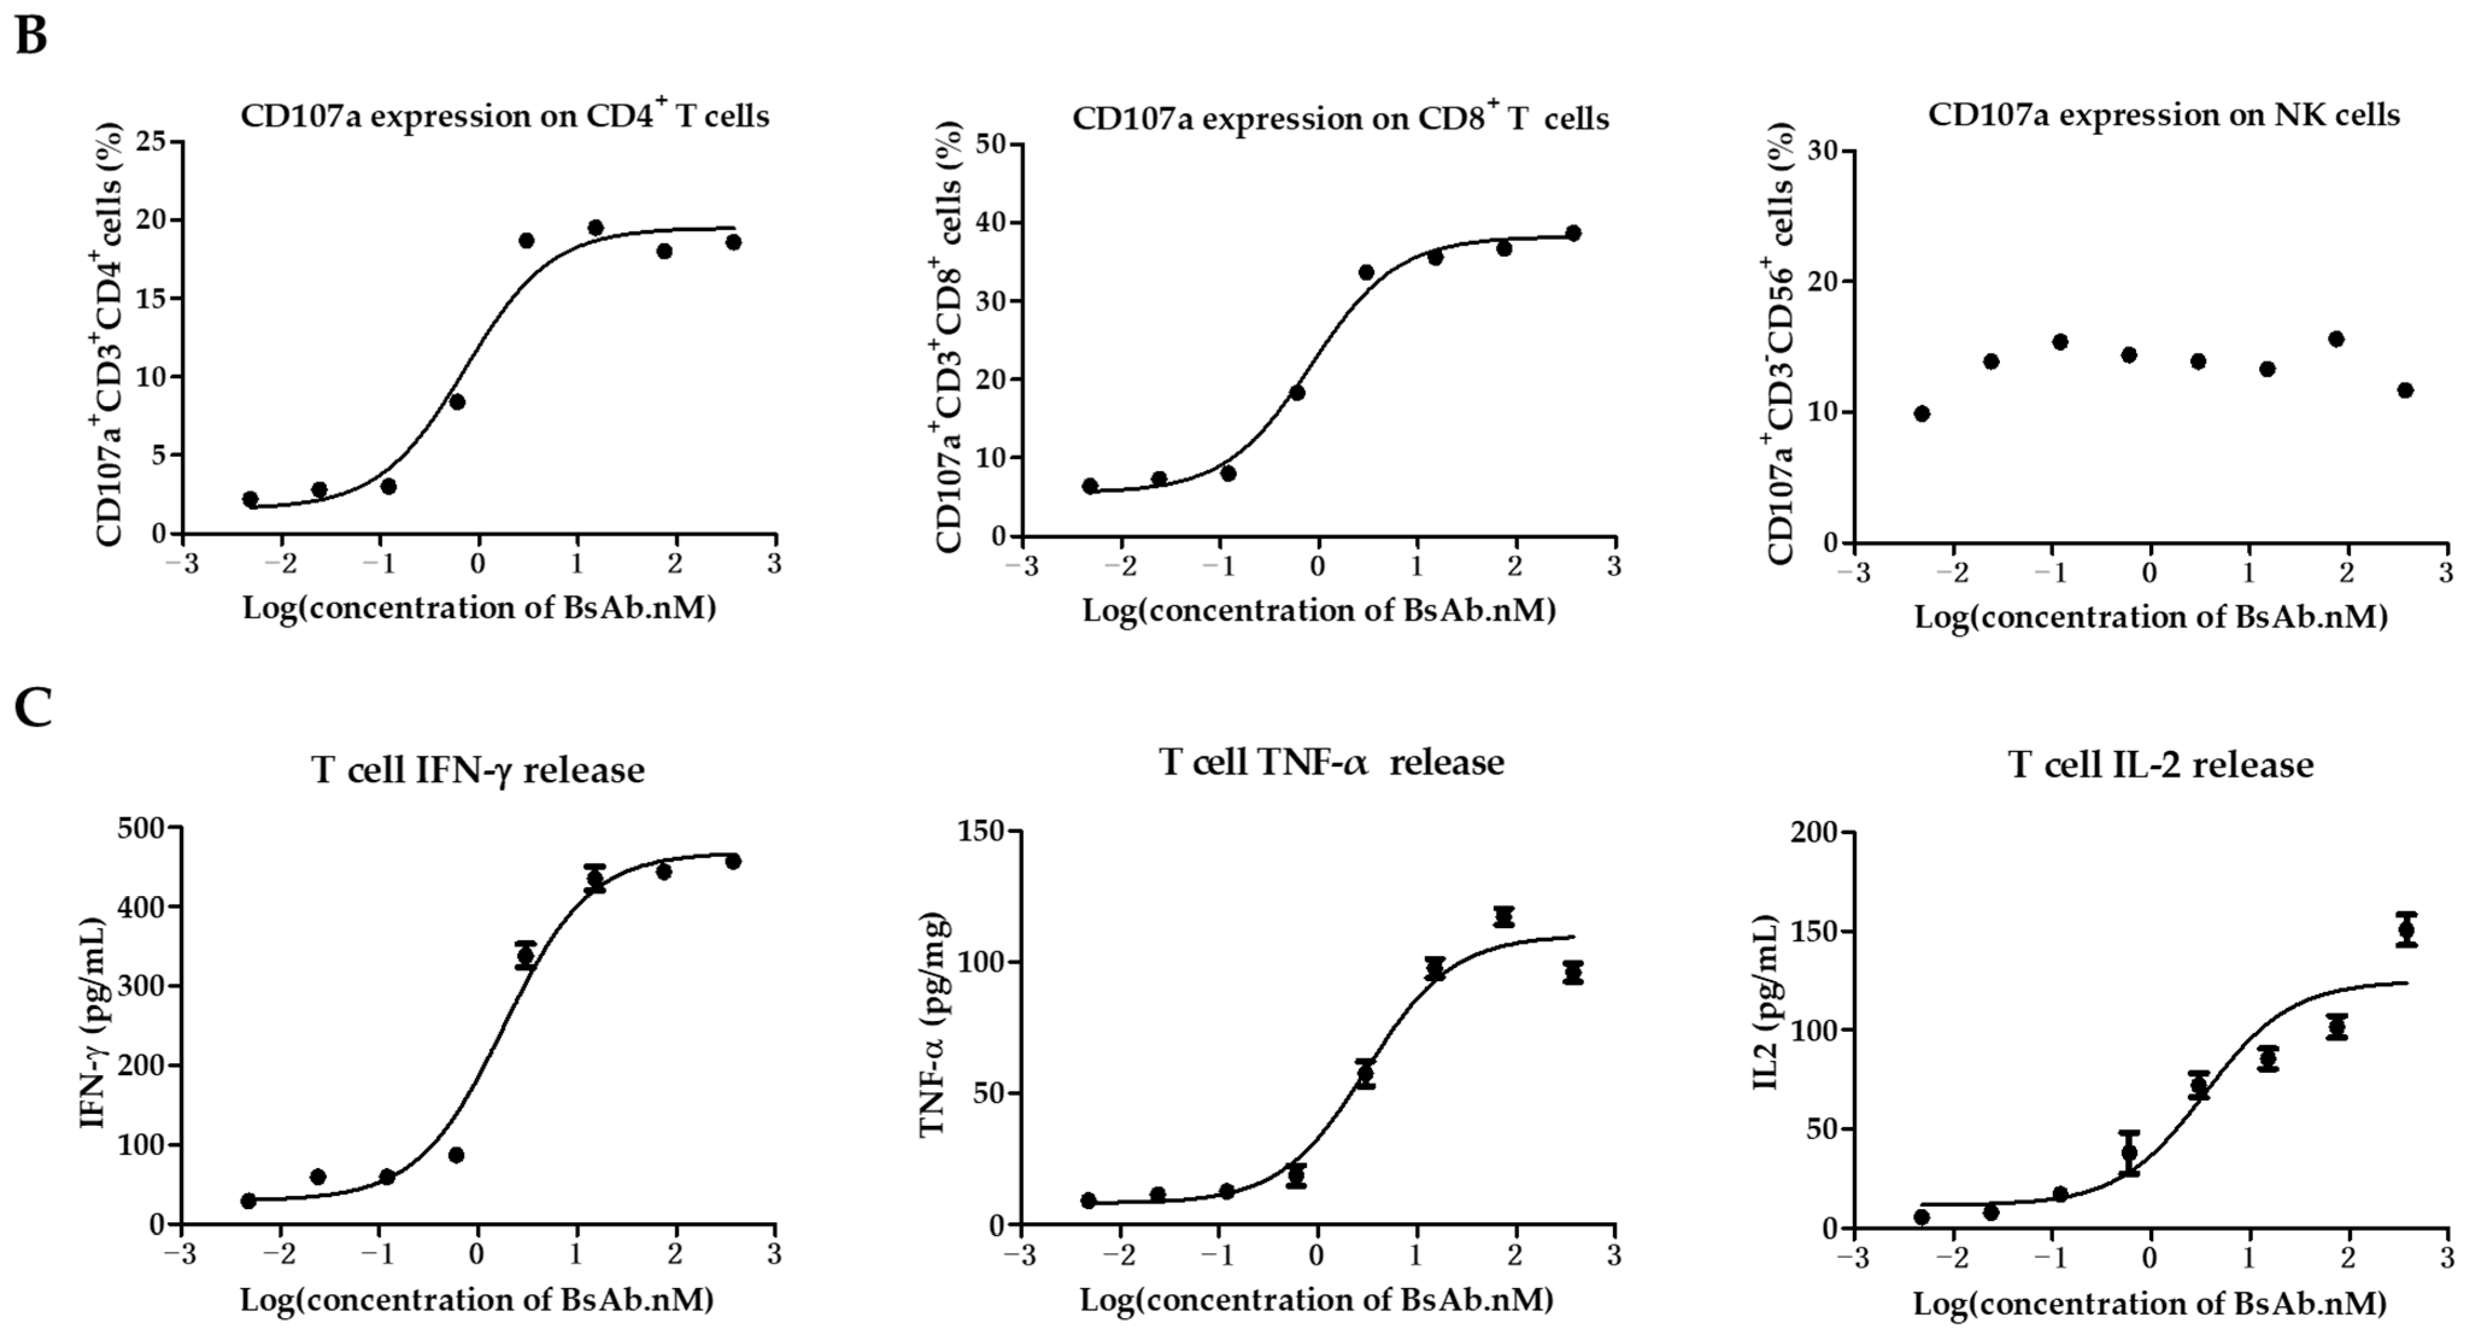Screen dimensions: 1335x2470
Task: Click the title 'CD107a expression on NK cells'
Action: [2163, 115]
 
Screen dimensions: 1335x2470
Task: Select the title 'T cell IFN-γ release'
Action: [477, 770]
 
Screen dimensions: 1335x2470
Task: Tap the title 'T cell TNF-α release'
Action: [1331, 762]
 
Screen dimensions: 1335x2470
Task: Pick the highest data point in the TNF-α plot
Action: [1503, 917]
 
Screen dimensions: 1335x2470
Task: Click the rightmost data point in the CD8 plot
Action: [1573, 233]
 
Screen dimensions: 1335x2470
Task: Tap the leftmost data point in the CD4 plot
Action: [250, 500]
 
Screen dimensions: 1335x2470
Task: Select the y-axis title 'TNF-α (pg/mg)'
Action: [933, 1026]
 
